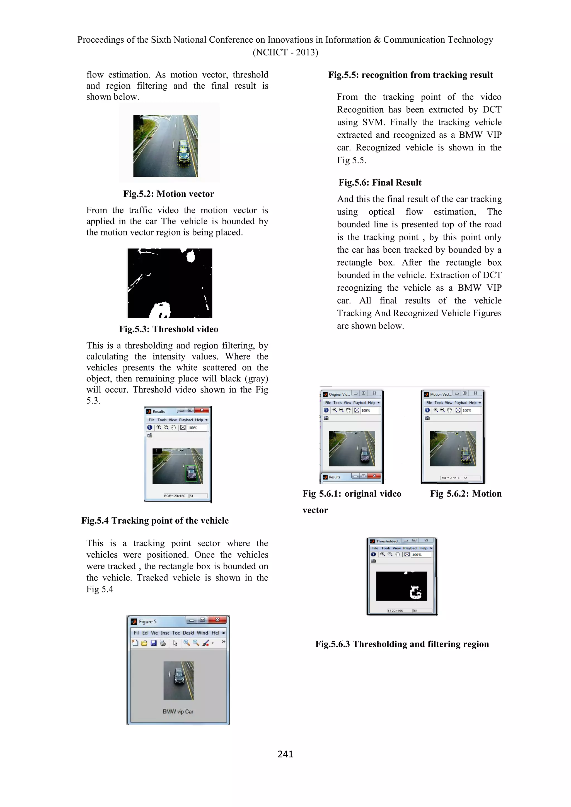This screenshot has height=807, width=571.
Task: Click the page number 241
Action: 285,754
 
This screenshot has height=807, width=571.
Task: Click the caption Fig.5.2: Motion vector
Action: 168,194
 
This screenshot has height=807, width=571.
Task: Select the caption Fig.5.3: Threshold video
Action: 168,329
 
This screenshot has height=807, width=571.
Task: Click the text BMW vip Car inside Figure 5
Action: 178,711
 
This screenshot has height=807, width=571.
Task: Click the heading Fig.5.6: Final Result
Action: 380,183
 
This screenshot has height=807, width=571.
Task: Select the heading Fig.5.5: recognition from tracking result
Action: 410,75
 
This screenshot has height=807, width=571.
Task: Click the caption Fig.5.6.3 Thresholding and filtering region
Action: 402,644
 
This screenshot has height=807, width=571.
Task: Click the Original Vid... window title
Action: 339,394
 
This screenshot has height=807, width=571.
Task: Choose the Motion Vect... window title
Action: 440,394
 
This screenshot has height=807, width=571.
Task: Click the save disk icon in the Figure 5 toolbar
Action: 153,643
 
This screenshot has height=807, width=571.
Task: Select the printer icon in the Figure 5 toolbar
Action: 163,643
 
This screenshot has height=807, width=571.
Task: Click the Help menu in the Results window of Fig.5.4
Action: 199,420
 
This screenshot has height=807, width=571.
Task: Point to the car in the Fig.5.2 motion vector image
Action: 183,154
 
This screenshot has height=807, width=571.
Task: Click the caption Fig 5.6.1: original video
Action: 352,494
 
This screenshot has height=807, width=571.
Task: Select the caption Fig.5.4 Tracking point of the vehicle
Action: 155,521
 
